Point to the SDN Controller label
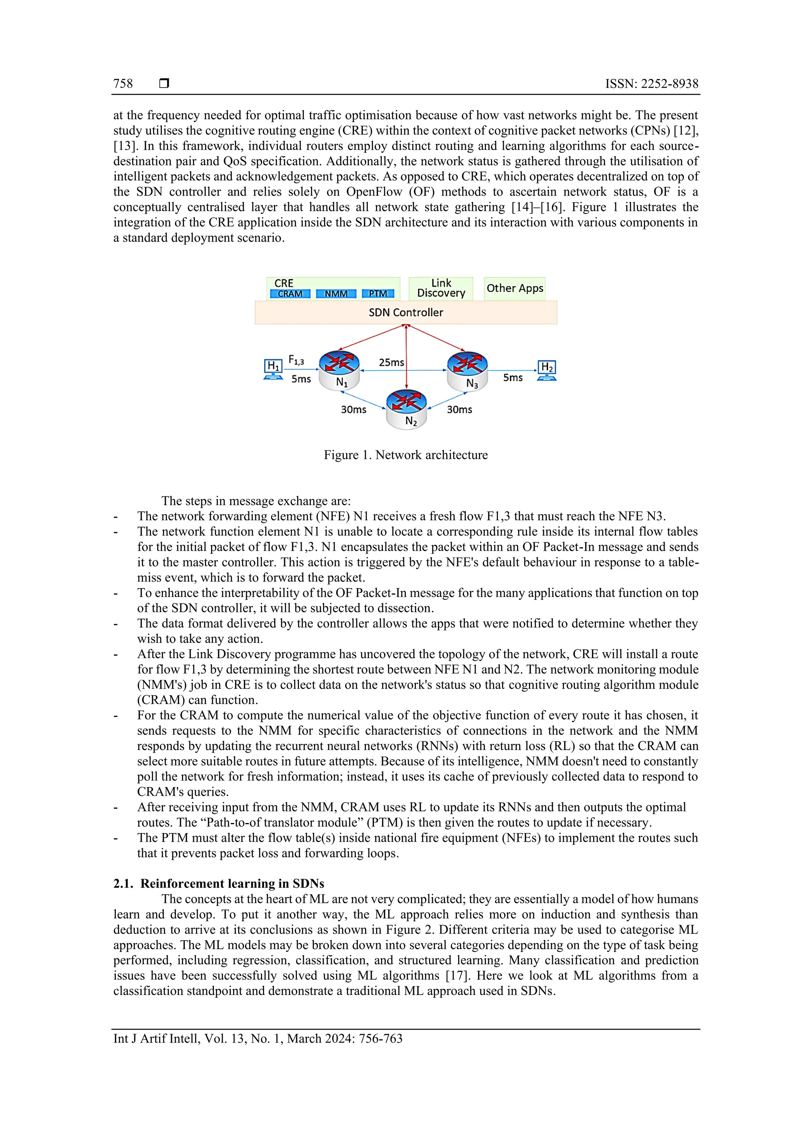pos(405,313)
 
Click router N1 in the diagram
pos(339,369)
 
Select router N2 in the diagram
pos(406,408)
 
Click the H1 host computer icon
pos(273,369)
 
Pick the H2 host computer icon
pos(547,370)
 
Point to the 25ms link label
pos(391,362)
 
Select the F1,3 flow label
pos(296,360)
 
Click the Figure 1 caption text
pos(405,455)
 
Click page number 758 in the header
pos(123,84)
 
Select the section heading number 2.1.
pos(123,884)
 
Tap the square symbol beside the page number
pos(164,84)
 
